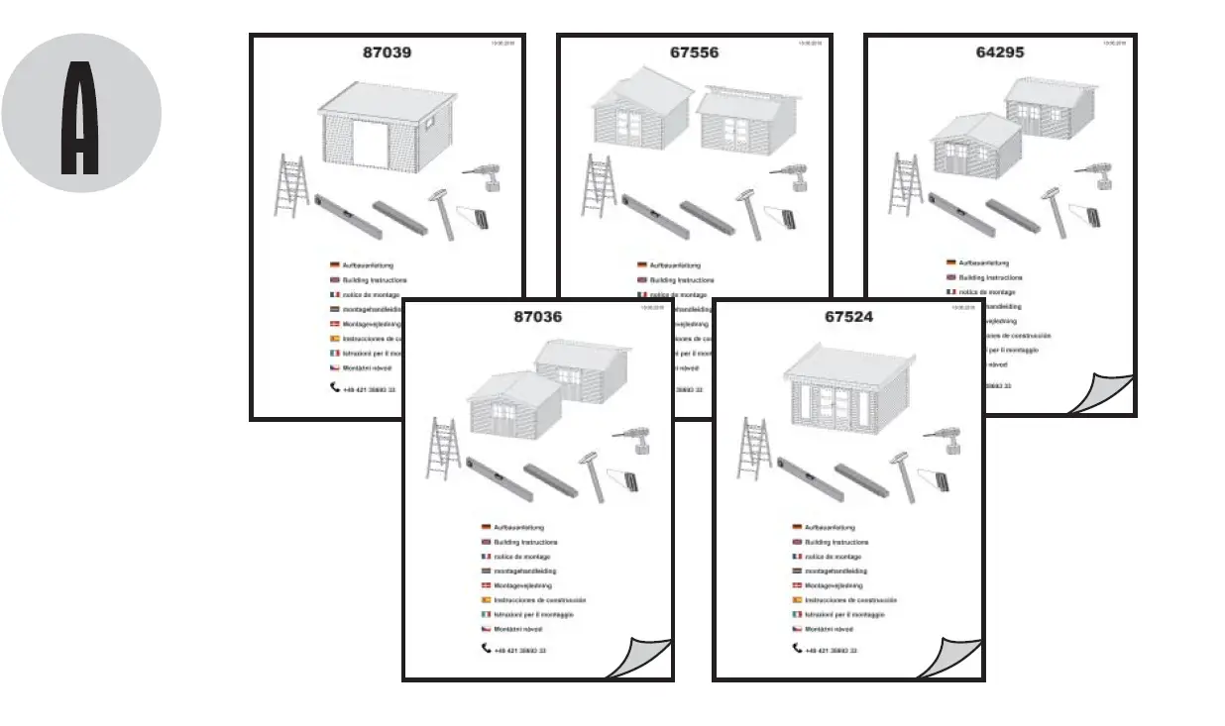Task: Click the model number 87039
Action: point(387,52)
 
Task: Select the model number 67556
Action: point(694,52)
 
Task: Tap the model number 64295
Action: point(1000,52)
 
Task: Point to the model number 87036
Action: point(538,317)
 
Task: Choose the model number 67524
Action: point(848,317)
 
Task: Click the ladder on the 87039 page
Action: point(292,185)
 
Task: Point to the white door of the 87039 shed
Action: point(367,145)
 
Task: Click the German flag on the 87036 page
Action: point(487,527)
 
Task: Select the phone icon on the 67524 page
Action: point(797,649)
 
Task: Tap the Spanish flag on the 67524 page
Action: point(797,600)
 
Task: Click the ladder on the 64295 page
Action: point(904,185)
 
